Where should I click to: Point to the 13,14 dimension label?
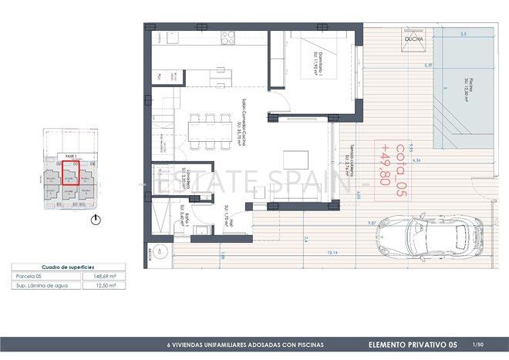[312, 252]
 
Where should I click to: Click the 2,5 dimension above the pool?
[463, 35]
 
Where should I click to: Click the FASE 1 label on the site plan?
[72, 155]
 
